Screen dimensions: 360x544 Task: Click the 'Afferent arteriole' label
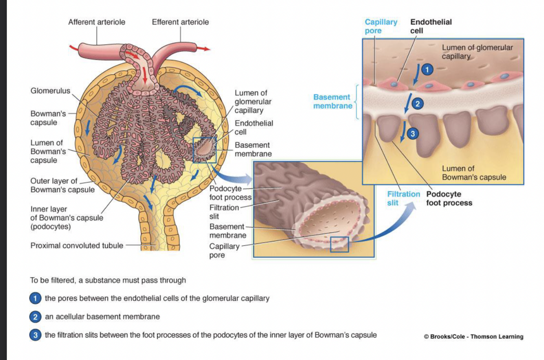97,22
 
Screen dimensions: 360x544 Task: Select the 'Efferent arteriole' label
180,22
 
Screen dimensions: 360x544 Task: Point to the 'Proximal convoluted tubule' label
77,245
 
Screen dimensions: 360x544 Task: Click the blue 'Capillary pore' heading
380,26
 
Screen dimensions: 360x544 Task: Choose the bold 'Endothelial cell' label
431,26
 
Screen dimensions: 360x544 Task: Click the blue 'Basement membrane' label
332,102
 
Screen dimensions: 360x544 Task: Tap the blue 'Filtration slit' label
403,198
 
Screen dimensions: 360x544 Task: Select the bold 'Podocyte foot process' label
449,198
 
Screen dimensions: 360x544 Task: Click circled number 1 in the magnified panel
427,70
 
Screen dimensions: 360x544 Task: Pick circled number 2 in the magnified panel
417,104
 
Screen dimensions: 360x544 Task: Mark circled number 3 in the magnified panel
412,133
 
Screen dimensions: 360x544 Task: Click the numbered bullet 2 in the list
35,316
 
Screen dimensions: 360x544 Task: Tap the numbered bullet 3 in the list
35,335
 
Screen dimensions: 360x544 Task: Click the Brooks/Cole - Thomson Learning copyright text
473,337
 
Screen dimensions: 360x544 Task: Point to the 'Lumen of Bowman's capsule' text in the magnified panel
474,173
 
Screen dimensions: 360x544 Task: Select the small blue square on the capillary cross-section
339,244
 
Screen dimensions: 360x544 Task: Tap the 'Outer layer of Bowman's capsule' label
62,185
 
